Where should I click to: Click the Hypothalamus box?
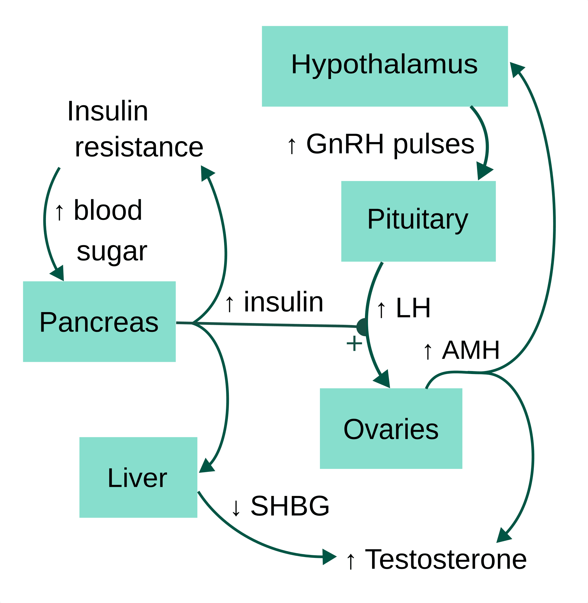click(385, 66)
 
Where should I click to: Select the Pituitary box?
click(418, 221)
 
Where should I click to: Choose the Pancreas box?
click(99, 322)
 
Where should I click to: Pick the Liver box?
click(138, 477)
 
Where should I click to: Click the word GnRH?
click(345, 144)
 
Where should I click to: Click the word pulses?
click(434, 145)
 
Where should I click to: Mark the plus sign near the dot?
click(354, 344)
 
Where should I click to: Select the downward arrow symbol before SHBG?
click(236, 508)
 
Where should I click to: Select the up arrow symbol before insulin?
click(229, 304)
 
